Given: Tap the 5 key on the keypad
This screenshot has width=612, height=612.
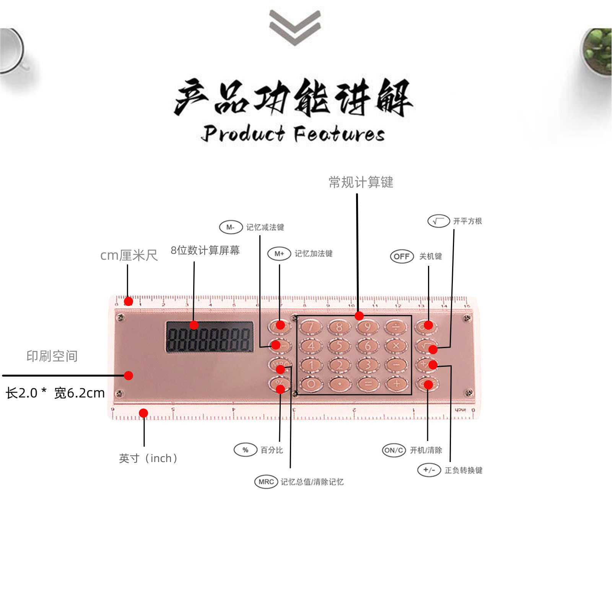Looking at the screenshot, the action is point(339,346).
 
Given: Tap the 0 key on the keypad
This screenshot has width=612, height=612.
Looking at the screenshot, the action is point(311,384).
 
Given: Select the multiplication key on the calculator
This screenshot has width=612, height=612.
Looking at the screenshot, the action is point(396,346).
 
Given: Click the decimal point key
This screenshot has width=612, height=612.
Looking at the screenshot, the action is point(339,384).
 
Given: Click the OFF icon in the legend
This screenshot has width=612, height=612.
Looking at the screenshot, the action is point(402,256).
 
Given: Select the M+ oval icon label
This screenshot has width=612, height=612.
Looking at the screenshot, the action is point(279,254).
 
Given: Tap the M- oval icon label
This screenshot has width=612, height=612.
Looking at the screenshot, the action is point(231,227).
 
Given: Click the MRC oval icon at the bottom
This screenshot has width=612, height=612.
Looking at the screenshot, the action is point(266,482).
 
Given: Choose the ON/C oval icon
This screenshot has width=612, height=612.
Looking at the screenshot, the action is point(394,450).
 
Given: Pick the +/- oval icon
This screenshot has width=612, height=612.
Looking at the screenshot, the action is point(429,470).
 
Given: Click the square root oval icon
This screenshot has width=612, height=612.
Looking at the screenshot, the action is point(438,221).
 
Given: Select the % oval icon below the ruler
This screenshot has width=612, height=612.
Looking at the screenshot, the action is point(245,450).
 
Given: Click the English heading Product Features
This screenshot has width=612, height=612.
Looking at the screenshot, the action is point(293,134).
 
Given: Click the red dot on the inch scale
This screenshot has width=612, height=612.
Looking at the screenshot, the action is point(143,413).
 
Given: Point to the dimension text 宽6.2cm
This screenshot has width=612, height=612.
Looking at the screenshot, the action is point(80,393).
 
